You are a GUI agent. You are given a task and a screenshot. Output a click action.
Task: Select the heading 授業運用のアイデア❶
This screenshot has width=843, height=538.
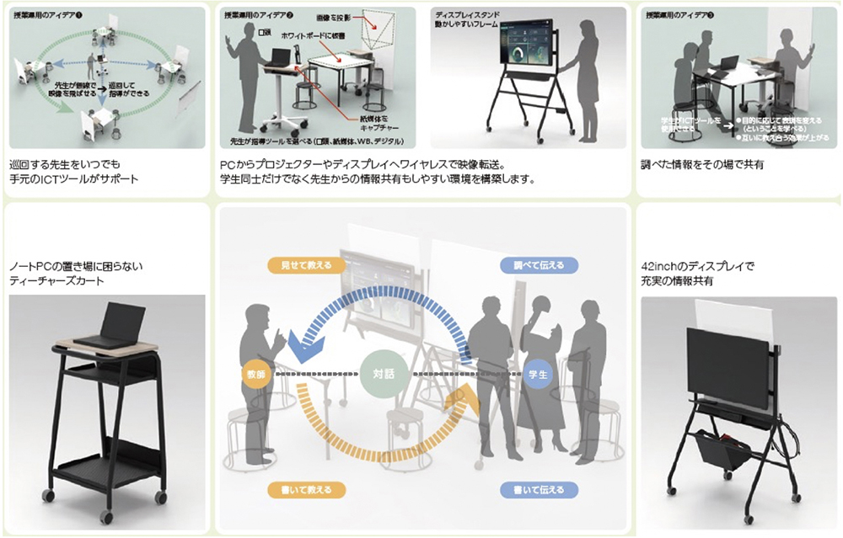point(51,16)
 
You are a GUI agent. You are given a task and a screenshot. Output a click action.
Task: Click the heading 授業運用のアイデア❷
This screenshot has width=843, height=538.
point(259,16)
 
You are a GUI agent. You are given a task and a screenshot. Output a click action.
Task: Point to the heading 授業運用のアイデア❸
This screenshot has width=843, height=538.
point(680,15)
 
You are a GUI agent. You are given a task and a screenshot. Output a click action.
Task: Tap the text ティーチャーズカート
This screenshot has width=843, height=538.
point(60,281)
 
